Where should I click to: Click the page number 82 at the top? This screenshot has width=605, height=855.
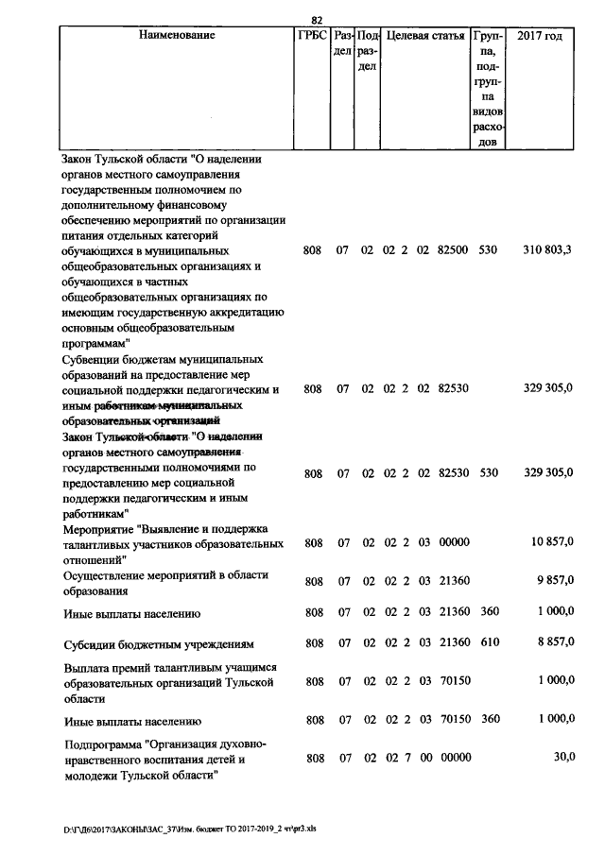click(318, 20)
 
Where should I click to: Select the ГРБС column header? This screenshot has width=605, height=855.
click(311, 36)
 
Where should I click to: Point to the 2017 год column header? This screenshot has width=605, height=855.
click(541, 36)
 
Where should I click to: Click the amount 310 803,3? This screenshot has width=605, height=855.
click(546, 250)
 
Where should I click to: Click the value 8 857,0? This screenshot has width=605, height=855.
click(553, 643)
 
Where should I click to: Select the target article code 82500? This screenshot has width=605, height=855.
click(454, 250)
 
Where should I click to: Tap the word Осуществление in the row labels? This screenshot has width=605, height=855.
click(105, 574)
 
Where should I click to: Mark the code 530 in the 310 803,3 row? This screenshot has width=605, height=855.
click(489, 250)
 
